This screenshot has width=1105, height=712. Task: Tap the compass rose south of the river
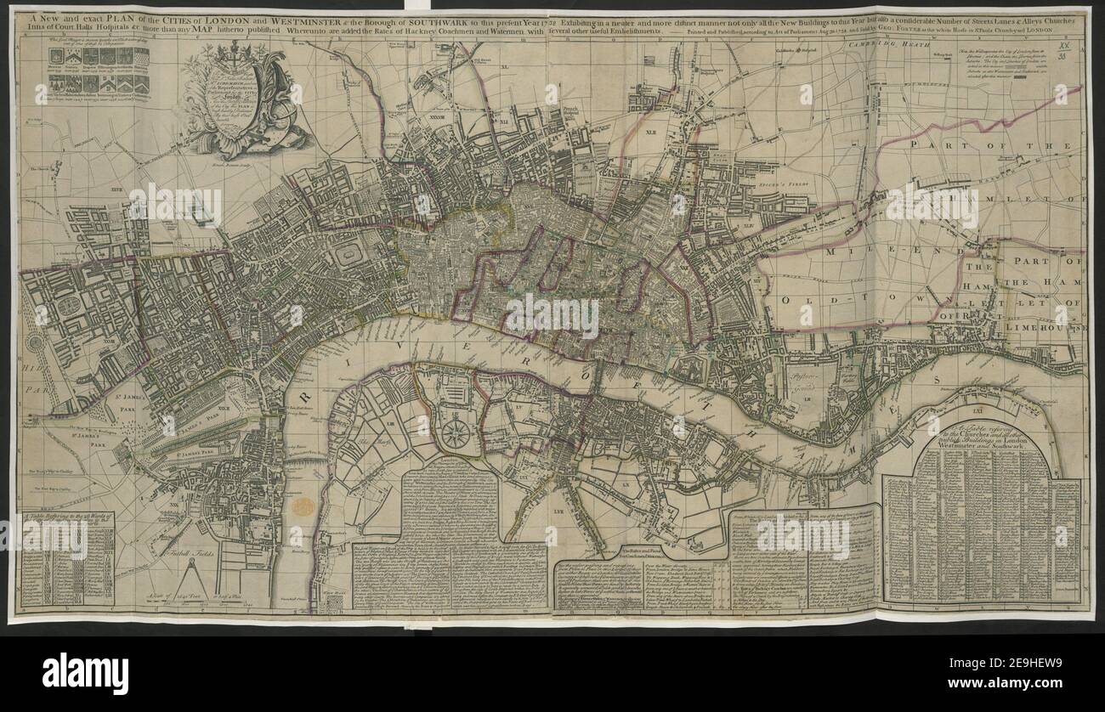point(456,433)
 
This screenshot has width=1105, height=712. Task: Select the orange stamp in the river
point(303,507)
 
